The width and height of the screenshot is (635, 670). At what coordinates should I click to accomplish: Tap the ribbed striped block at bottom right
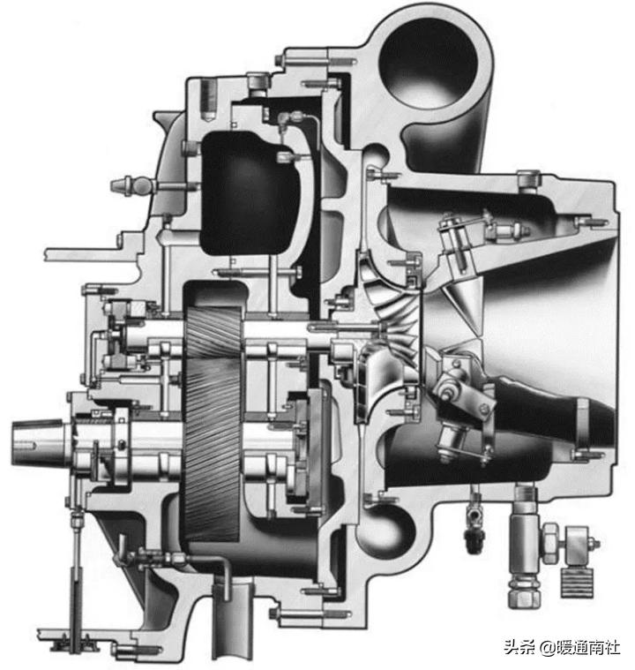[x=576, y=582]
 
